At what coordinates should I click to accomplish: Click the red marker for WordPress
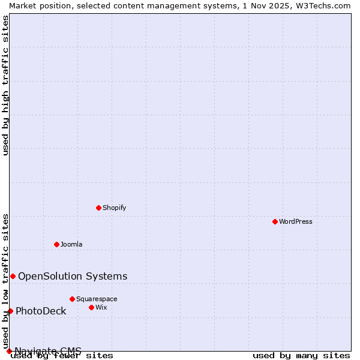click(x=275, y=221)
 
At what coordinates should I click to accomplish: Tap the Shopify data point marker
click(x=98, y=208)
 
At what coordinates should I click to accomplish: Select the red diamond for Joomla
click(x=56, y=244)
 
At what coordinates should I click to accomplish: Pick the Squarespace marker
click(x=72, y=299)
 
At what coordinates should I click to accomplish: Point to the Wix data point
click(x=91, y=307)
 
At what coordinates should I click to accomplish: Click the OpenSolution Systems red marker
click(x=13, y=276)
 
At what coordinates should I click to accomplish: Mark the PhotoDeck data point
click(x=10, y=311)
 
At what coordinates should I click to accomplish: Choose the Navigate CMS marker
click(x=9, y=351)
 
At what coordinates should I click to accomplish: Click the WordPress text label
click(x=296, y=221)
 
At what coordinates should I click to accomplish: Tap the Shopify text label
click(x=114, y=208)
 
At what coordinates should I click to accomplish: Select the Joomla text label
click(x=71, y=244)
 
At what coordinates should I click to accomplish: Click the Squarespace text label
click(x=97, y=299)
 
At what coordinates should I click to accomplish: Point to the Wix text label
click(x=101, y=307)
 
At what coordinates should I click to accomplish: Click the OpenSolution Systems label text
click(x=73, y=276)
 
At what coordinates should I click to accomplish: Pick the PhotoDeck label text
click(x=41, y=311)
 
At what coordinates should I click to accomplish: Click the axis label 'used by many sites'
click(x=301, y=356)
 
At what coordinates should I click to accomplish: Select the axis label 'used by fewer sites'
click(x=62, y=356)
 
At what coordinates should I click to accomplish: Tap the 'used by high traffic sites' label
click(x=5, y=85)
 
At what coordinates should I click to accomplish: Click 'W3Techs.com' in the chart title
click(x=322, y=5)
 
